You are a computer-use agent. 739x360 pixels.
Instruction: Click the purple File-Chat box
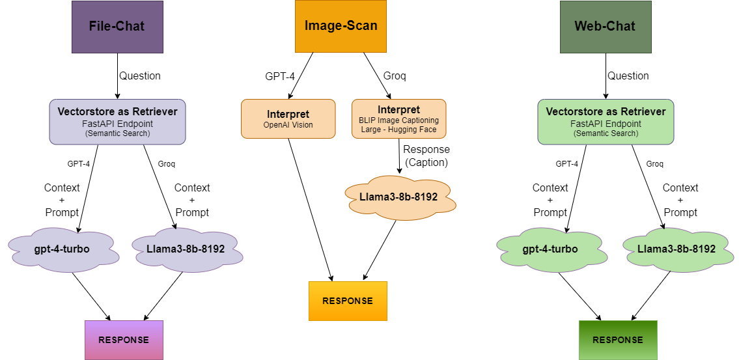tap(117, 27)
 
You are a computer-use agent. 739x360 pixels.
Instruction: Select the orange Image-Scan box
tap(341, 26)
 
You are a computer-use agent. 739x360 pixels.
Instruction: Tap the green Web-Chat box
tap(605, 27)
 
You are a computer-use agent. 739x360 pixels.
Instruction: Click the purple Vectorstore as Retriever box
tap(117, 122)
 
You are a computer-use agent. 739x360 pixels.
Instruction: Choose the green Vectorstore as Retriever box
tap(606, 122)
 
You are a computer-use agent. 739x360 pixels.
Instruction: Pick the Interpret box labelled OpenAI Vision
tap(288, 118)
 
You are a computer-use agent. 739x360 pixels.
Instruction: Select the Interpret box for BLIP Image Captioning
tap(398, 118)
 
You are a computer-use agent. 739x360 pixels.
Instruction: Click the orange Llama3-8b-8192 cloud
tap(398, 197)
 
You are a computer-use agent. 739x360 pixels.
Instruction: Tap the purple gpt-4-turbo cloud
tap(62, 249)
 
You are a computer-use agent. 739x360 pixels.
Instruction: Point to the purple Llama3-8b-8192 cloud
tap(186, 249)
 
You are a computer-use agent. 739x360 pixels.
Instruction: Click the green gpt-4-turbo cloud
tap(550, 249)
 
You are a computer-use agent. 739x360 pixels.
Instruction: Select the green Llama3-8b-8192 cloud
tap(676, 249)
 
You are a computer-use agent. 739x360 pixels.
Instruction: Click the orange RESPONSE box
tap(348, 301)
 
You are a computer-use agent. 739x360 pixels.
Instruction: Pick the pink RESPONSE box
tap(124, 340)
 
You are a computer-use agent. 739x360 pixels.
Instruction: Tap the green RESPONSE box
tap(618, 340)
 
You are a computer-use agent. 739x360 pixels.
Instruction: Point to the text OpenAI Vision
tap(288, 125)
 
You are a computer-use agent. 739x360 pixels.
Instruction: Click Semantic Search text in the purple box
tap(117, 133)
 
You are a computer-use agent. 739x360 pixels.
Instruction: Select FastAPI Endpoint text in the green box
tap(606, 124)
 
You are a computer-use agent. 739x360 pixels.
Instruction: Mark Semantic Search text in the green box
tap(606, 133)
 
